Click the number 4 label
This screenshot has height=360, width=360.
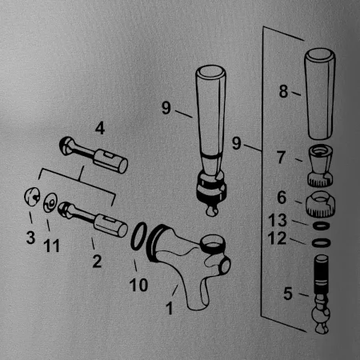[100, 128]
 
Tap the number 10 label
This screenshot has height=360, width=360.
[138, 285]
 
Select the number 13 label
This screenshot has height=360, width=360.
[278, 220]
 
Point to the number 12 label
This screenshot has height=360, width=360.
[277, 238]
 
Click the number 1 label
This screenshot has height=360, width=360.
[170, 308]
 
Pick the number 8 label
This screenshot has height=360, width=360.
[283, 91]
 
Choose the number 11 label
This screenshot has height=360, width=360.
[51, 246]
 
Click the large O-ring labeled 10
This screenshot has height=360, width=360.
[138, 236]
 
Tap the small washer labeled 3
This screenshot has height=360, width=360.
[32, 197]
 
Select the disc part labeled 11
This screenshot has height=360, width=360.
[50, 203]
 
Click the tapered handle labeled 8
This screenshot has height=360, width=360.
[320, 94]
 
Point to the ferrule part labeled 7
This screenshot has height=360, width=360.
[320, 166]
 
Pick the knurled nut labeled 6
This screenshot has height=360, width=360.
[320, 204]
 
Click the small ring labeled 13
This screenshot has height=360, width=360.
[321, 226]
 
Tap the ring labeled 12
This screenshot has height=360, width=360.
[321, 243]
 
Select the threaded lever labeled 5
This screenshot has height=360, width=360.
[322, 294]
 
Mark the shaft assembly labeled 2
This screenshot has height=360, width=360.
[93, 219]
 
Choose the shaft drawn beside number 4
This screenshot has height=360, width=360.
[94, 155]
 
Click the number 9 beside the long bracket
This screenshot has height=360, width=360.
[237, 143]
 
